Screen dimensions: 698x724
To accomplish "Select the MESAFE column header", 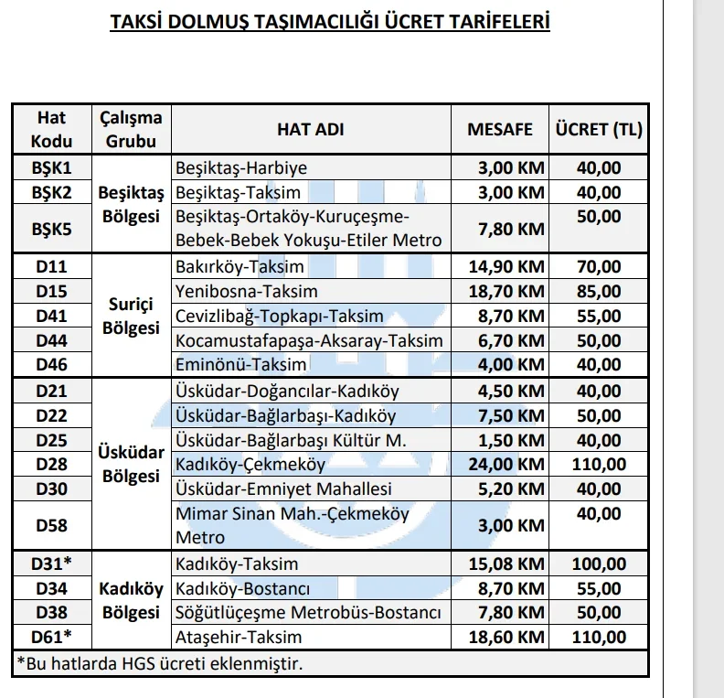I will coord(499,130).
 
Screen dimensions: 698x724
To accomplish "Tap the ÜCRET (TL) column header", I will coord(599,130).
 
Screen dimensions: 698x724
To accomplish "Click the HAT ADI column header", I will coord(311,130).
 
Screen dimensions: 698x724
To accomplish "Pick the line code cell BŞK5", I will coord(51,228).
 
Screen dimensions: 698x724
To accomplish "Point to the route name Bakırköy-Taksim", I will coord(239,267).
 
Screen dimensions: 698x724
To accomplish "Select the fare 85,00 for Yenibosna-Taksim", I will coord(599,292).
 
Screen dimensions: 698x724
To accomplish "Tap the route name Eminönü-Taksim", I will coord(228,365).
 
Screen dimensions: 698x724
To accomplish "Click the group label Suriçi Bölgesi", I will coord(132,316).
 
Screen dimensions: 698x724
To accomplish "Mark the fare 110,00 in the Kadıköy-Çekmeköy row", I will coord(599,465).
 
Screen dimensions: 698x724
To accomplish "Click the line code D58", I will coord(51,526).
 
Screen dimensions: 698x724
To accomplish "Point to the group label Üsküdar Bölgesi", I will coord(132,465).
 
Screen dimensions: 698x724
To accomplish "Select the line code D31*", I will coord(51,564).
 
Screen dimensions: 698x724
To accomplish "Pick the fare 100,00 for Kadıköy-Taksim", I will coord(599,564).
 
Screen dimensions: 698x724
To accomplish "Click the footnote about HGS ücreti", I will coord(160,662).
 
